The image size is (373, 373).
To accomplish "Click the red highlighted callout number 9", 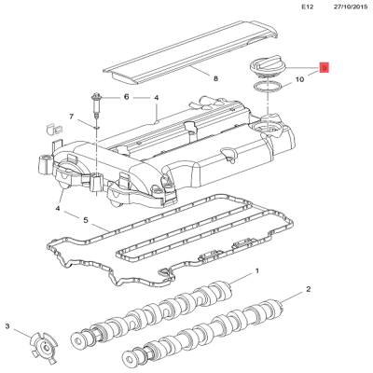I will pos(324,68).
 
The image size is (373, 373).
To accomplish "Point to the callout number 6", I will pos(127,97).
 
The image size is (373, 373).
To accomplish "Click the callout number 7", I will pos(71,117).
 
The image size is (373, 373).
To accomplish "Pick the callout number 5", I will pos(86,221).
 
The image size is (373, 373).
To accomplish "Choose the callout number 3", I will pos(8,326).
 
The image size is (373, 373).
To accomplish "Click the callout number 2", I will pos(308,291).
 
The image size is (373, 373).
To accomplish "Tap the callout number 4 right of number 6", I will pos(157,97).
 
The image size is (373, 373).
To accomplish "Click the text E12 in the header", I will pos(309,7).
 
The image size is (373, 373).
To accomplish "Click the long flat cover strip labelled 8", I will pos(186,55).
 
